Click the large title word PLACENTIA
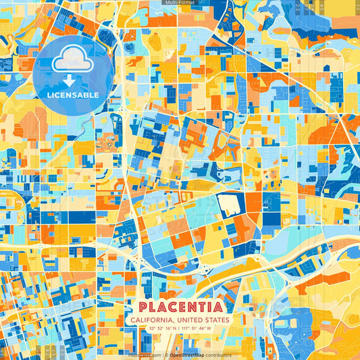(180, 307)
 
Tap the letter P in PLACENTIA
(140, 307)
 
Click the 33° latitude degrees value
(153, 329)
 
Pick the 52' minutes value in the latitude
(162, 329)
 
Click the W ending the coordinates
(209, 329)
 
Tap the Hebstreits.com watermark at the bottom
(144, 355)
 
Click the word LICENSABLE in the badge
(72, 95)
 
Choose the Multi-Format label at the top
(180, 3)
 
